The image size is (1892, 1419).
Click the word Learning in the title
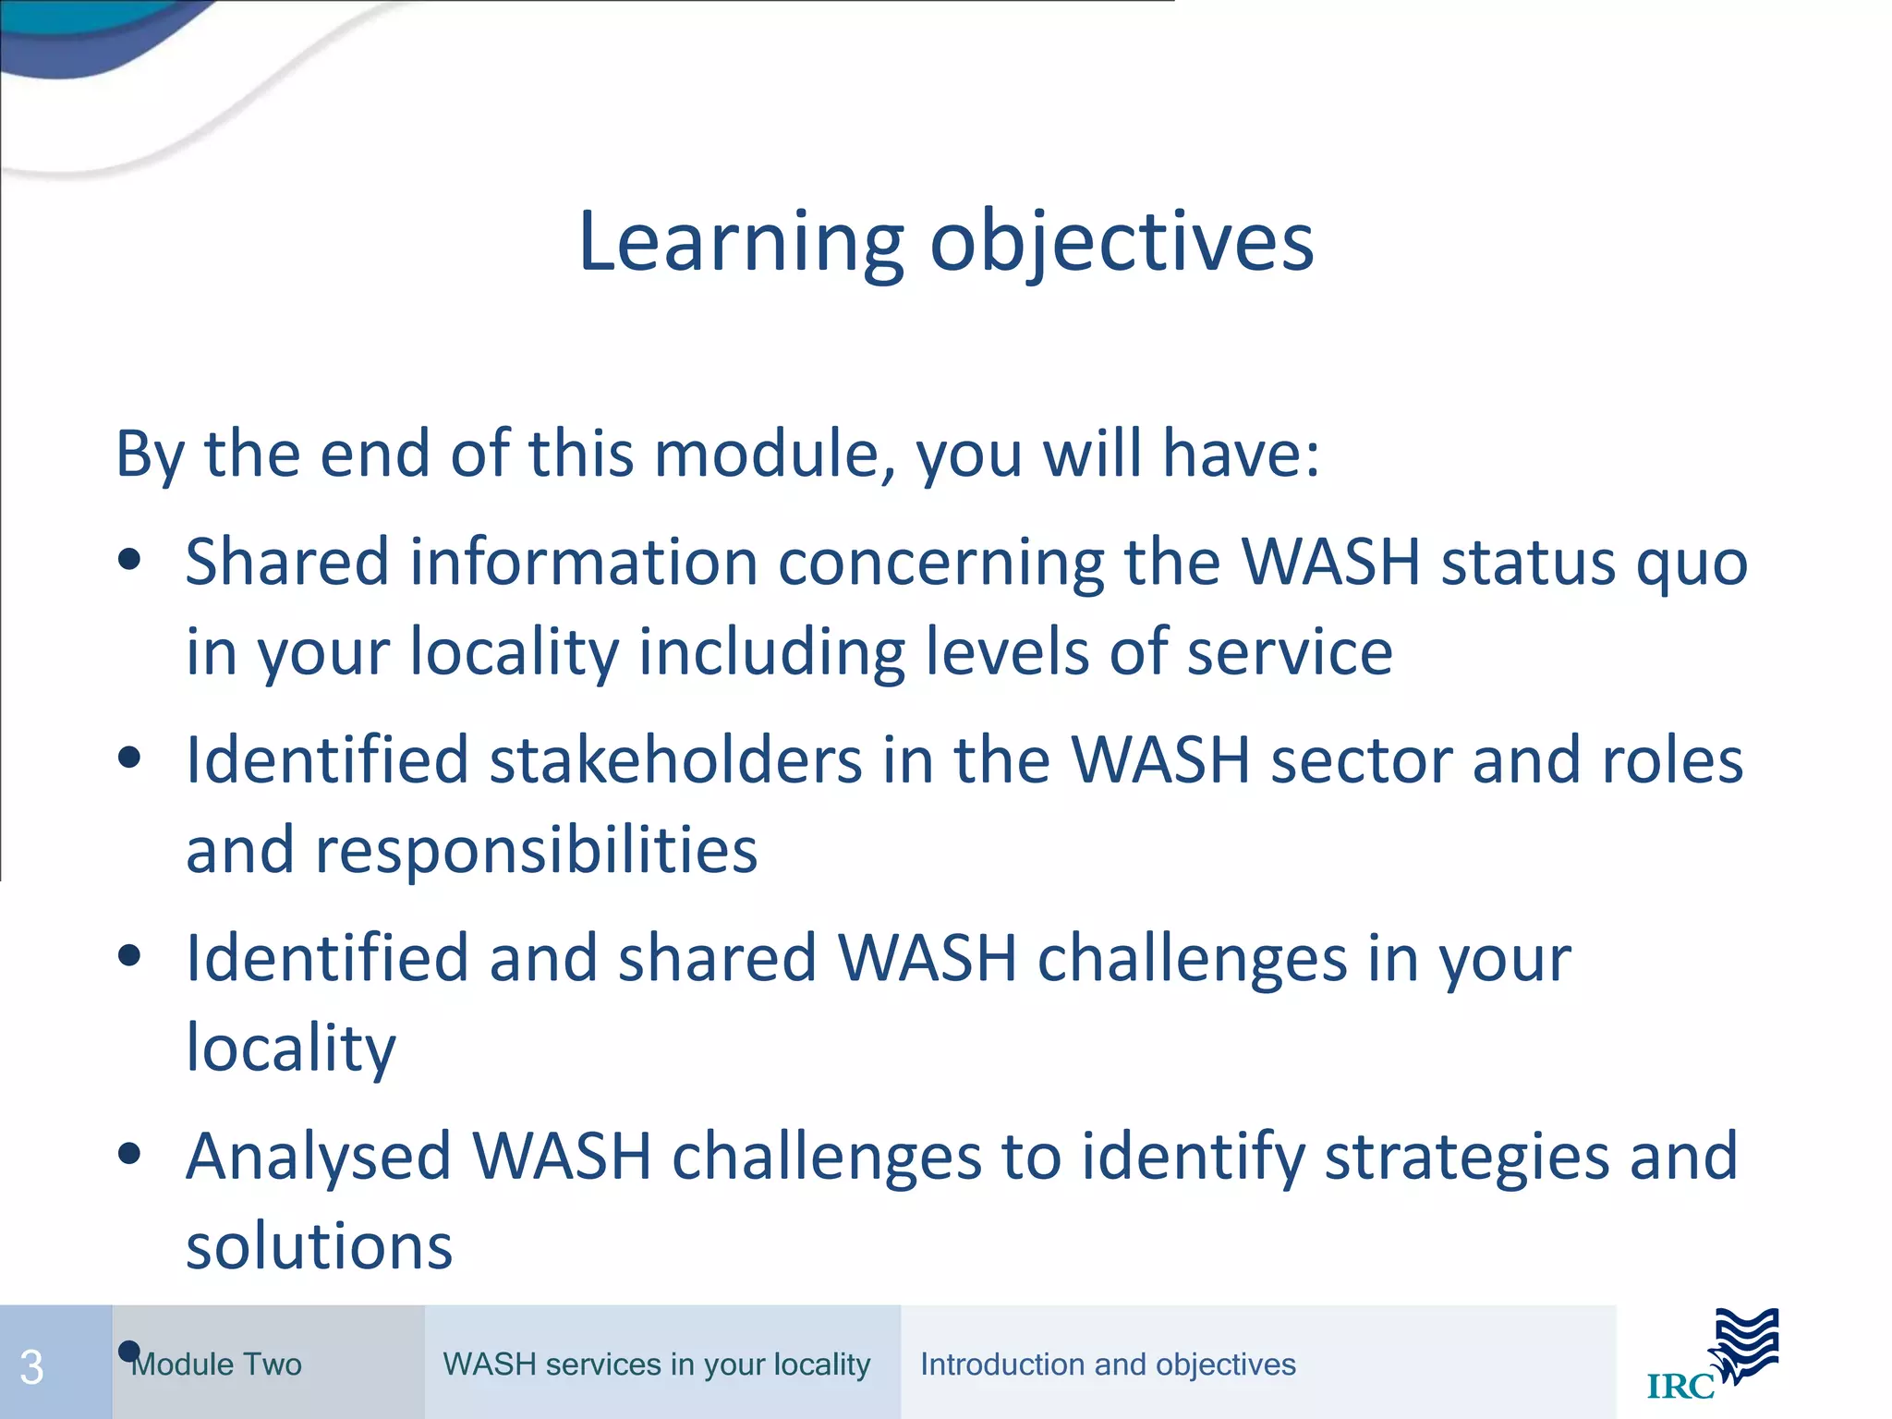739,242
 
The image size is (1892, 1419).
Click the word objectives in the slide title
1121,242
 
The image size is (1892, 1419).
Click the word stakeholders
675,760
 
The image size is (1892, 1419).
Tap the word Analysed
318,1157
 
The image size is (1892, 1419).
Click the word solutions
319,1245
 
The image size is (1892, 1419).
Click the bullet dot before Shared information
129,559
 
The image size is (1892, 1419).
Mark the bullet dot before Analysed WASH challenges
129,1153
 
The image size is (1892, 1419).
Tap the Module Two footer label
217,1364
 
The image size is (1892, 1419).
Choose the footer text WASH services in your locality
656,1364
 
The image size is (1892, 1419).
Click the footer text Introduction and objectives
1108,1364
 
